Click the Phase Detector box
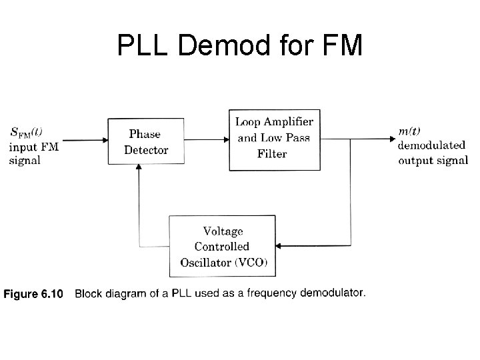click(146, 141)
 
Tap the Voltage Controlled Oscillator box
click(222, 245)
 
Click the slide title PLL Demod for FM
click(239, 45)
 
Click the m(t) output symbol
click(409, 132)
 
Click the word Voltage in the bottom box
click(223, 231)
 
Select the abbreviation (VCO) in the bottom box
click(251, 261)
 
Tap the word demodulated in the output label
click(431, 146)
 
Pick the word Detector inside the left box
click(146, 149)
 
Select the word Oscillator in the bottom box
click(205, 261)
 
